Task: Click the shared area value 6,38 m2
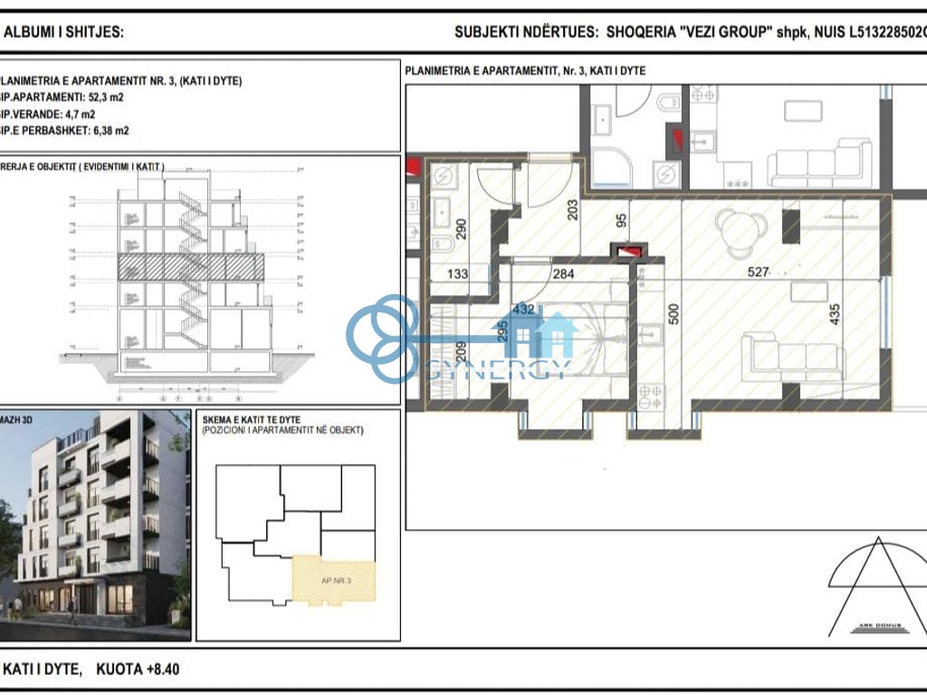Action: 103,130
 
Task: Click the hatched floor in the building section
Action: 190,265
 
